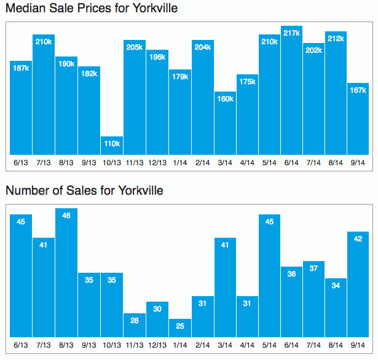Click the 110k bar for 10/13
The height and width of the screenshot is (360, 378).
pos(112,146)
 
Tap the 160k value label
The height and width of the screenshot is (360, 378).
pos(225,99)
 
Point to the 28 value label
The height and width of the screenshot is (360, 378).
pos(135,321)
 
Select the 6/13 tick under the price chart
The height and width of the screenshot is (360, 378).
pos(21,162)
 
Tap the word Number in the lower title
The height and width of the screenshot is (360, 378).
pos(26,190)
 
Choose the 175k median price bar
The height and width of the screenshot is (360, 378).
pos(247,116)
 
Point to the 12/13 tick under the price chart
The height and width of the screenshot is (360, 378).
pos(157,162)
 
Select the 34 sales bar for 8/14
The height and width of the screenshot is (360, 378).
pos(336,307)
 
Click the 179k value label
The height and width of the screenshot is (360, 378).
pos(180,77)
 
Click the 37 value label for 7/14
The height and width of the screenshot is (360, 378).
pos(313,268)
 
